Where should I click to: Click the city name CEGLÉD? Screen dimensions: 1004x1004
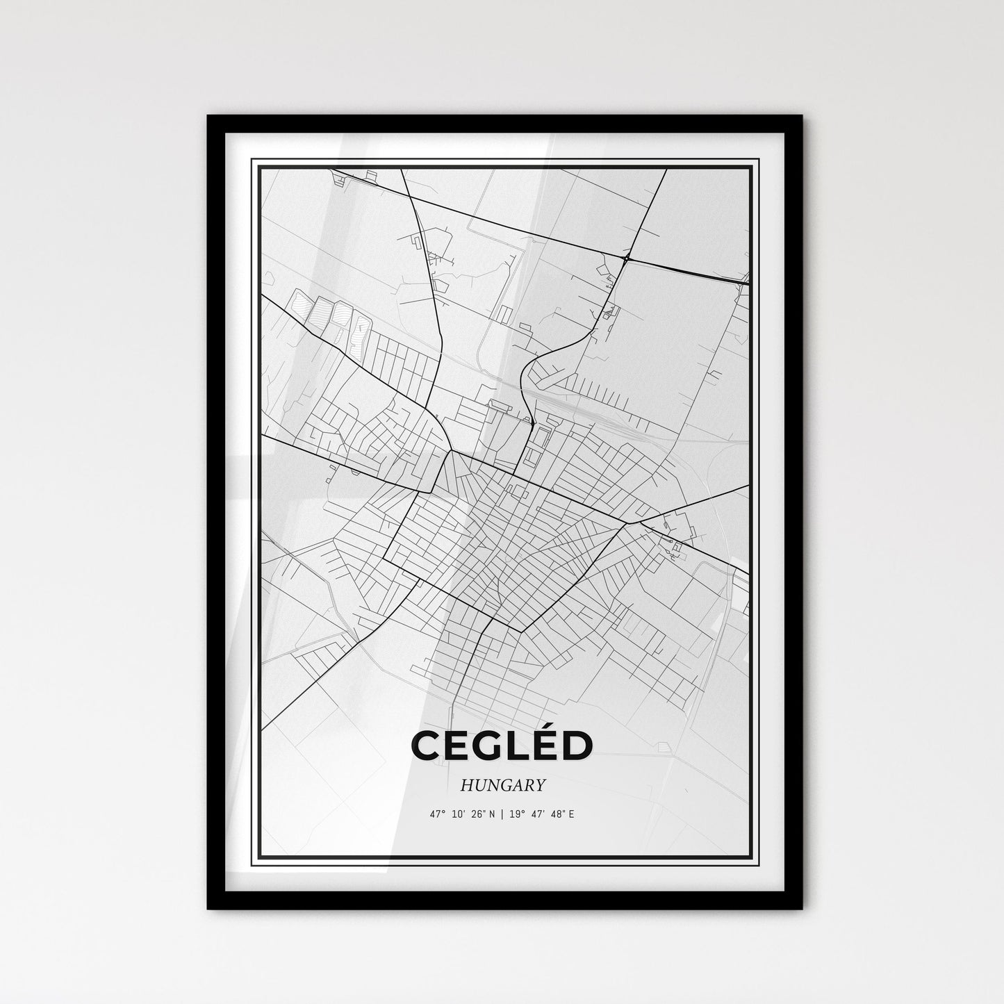pos(502,745)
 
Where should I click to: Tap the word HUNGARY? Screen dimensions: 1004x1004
pos(502,786)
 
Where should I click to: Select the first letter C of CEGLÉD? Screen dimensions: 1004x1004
pos(426,746)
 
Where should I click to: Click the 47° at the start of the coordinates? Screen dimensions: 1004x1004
pos(436,815)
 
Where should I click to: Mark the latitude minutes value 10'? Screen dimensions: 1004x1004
pos(459,815)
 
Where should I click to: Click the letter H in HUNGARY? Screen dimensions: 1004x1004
pos(465,786)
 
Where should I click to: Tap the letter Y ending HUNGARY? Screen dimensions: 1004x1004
pos(539,786)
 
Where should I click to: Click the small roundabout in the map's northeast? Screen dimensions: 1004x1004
pos(627,258)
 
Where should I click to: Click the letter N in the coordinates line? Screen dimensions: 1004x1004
pos(492,815)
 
